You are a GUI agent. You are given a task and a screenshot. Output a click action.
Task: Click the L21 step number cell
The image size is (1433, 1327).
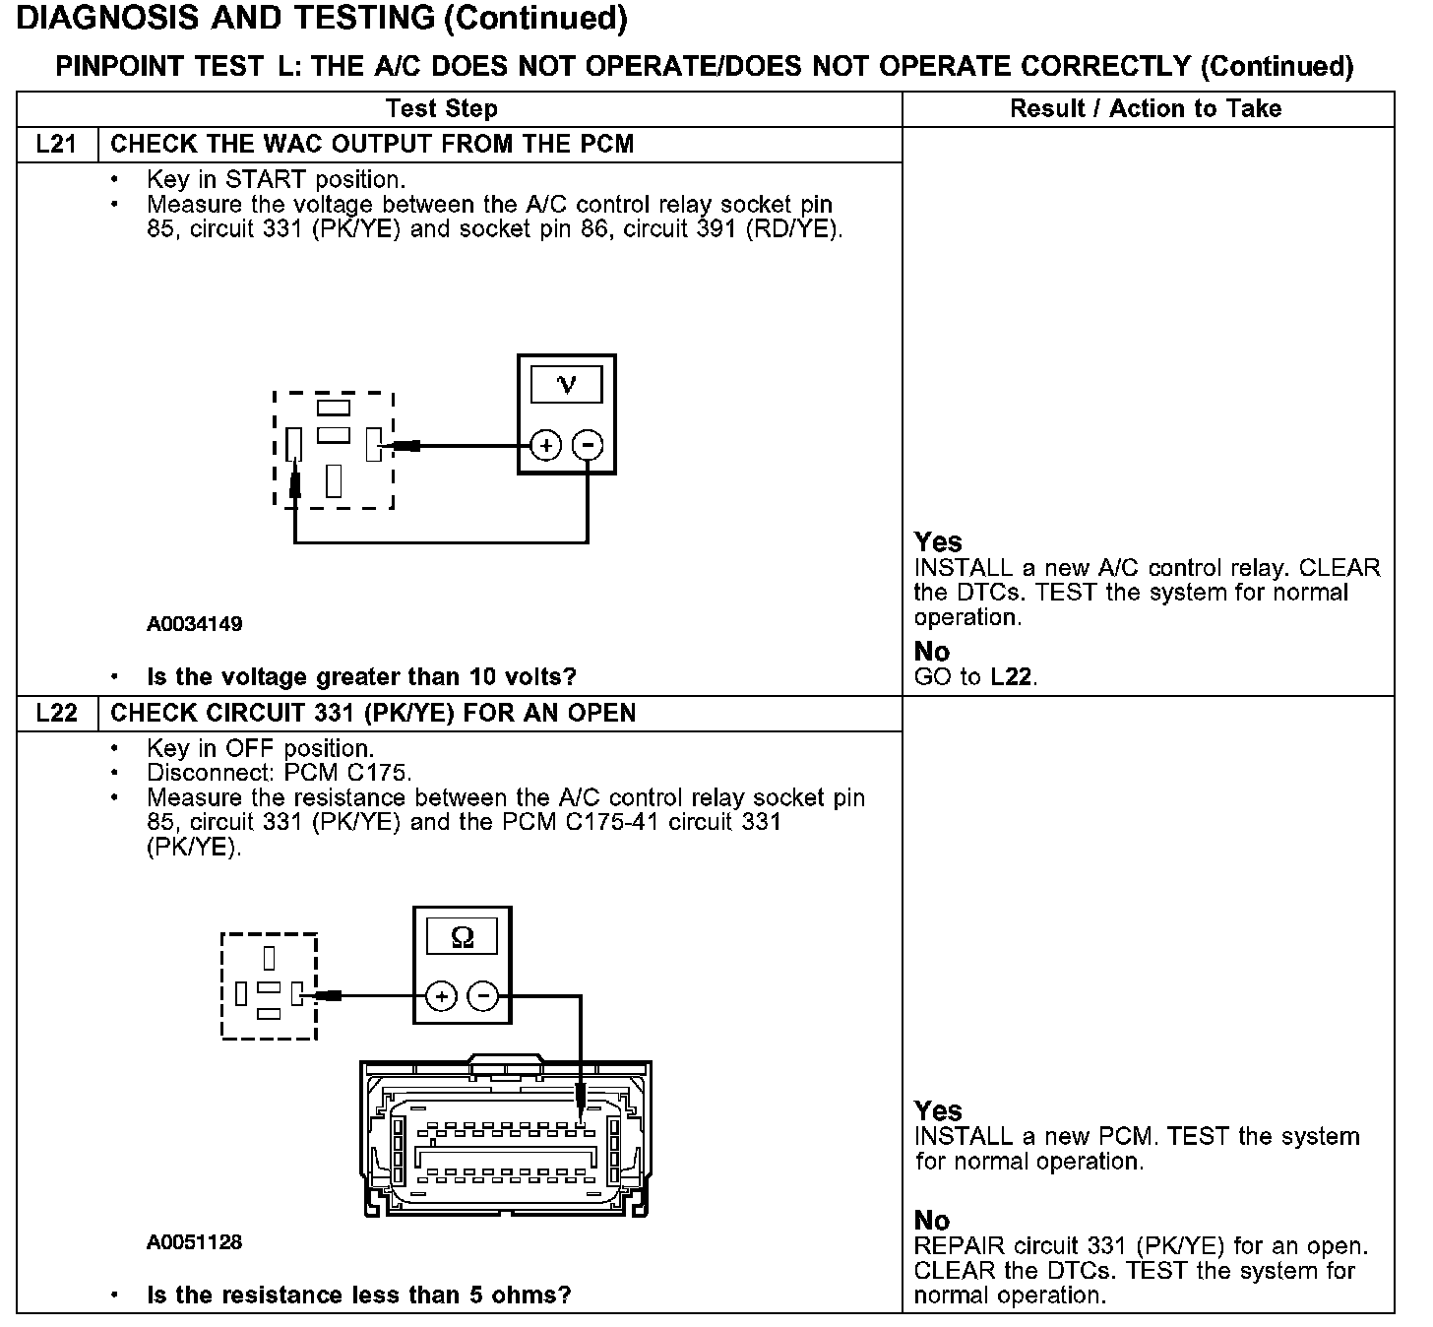[x=56, y=145]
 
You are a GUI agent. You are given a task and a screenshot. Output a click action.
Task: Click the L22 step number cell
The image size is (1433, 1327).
[x=56, y=714]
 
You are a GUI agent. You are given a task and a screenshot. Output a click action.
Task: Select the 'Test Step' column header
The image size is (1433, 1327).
[x=441, y=108]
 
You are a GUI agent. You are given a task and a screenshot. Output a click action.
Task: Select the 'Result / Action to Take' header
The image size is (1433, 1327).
[x=1146, y=108]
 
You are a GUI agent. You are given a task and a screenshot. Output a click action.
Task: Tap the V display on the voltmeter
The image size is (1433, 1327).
[x=566, y=384]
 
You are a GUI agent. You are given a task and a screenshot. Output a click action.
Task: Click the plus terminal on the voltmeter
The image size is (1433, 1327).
[x=545, y=446]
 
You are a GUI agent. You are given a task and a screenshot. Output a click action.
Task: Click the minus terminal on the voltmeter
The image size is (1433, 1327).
[x=588, y=446]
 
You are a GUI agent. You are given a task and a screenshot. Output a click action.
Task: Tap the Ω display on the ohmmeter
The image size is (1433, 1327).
[x=462, y=937]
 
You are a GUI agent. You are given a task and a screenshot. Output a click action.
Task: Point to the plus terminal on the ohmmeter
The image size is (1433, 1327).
[x=442, y=997]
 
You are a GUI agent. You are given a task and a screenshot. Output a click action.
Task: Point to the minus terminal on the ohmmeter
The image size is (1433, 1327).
[x=482, y=997]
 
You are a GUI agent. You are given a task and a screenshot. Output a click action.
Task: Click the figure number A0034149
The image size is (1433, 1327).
[x=194, y=624]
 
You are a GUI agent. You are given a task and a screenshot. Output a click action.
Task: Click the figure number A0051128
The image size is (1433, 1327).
[x=194, y=1242]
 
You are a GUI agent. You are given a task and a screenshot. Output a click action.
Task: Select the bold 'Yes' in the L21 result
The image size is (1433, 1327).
[x=937, y=542]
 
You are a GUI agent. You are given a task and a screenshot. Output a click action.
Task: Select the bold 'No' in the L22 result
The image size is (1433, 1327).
[x=931, y=1221]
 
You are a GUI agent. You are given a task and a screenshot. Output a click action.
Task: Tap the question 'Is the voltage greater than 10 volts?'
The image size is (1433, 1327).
[x=361, y=677]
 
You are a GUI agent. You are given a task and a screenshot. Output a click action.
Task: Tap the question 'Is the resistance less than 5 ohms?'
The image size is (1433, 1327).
[x=358, y=1295]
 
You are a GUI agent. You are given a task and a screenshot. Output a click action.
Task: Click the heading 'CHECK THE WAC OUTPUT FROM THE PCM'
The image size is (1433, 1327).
[x=372, y=145]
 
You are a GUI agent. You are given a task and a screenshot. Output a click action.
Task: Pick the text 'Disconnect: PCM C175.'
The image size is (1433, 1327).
[x=280, y=773]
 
